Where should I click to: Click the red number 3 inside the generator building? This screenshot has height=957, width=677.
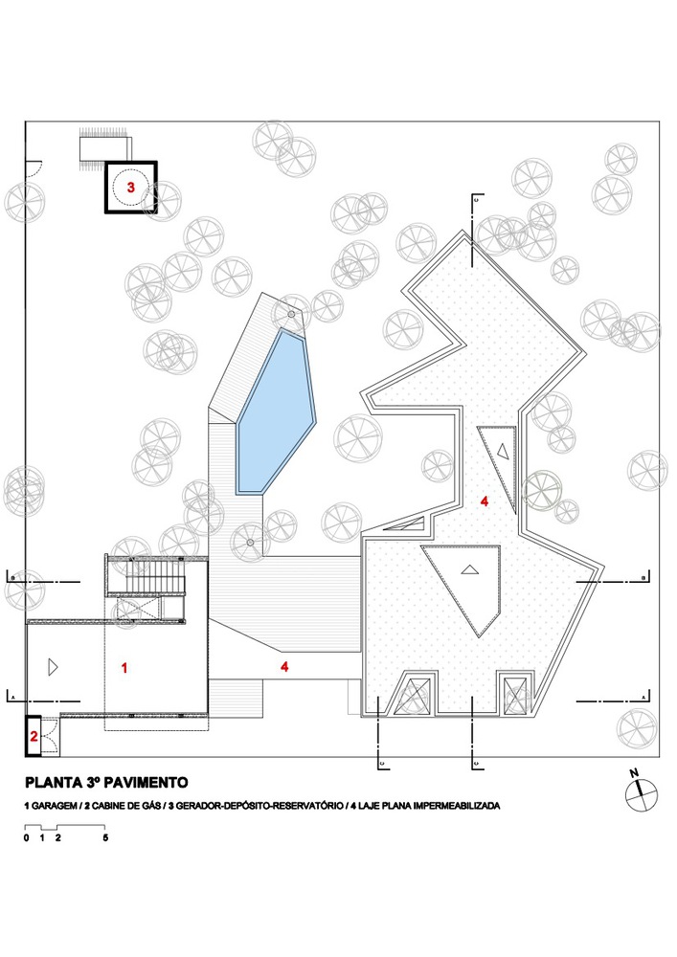(131, 188)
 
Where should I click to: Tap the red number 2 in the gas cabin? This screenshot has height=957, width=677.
(34, 736)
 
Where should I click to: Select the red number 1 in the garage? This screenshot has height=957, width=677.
(124, 667)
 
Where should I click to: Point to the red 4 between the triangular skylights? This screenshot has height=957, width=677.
(485, 501)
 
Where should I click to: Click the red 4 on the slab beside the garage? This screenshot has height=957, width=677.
(284, 667)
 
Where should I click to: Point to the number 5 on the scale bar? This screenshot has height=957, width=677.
(105, 837)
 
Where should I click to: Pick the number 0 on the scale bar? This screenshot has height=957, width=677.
(27, 837)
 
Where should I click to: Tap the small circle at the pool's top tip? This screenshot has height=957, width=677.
(290, 314)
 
